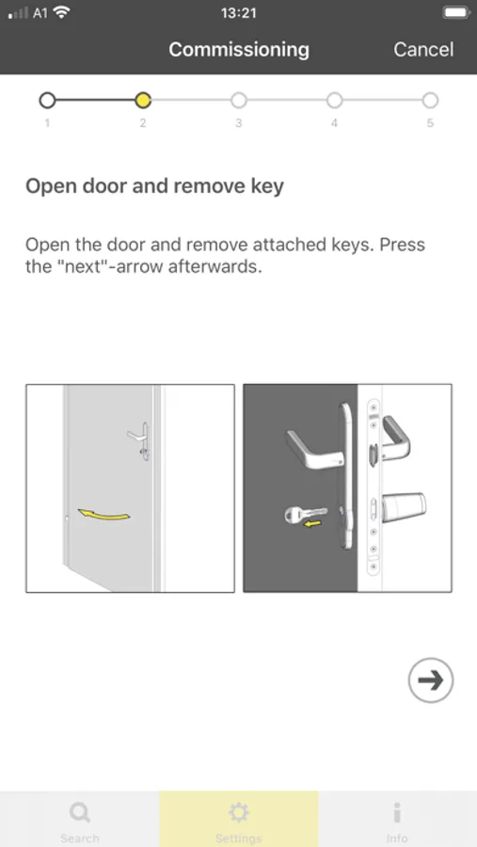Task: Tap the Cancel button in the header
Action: pyautogui.click(x=423, y=50)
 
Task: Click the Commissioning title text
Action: pyautogui.click(x=239, y=50)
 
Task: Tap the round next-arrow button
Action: pyautogui.click(x=431, y=680)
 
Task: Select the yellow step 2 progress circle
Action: pyautogui.click(x=143, y=100)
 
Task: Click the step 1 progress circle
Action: pyautogui.click(x=48, y=100)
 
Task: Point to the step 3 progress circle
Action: pyautogui.click(x=238, y=100)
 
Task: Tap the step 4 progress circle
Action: pyautogui.click(x=334, y=100)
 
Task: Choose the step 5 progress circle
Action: pyautogui.click(x=430, y=100)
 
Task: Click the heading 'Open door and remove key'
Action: pyautogui.click(x=154, y=186)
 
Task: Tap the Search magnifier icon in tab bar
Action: pyautogui.click(x=79, y=812)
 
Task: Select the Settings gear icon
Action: pyautogui.click(x=238, y=812)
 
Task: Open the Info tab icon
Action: pyautogui.click(x=397, y=812)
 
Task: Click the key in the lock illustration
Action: pyautogui.click(x=306, y=513)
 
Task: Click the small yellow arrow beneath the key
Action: pyautogui.click(x=312, y=523)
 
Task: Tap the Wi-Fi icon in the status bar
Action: pyautogui.click(x=62, y=12)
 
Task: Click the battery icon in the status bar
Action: pyautogui.click(x=456, y=12)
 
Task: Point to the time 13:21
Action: pyautogui.click(x=238, y=12)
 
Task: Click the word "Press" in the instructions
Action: pyautogui.click(x=402, y=245)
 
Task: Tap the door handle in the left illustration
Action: pyautogui.click(x=140, y=439)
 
